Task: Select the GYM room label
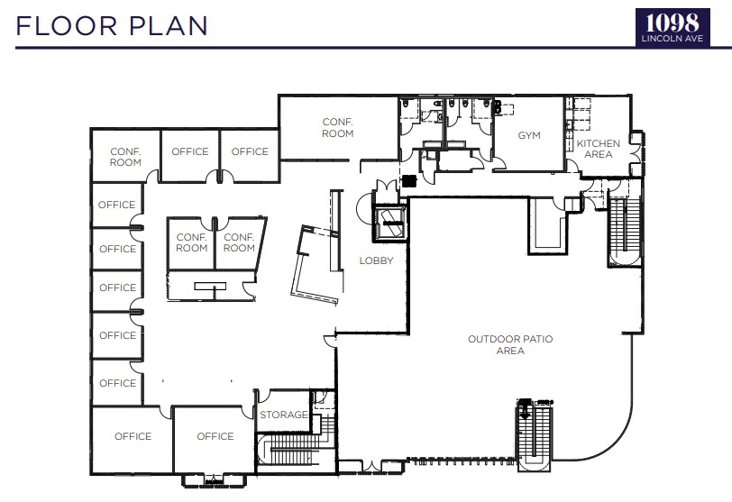click(529, 135)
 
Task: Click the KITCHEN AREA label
click(599, 149)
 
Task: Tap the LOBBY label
click(376, 260)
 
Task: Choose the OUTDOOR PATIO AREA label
click(510, 344)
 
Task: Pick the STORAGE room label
click(284, 415)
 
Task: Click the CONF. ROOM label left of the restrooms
click(338, 127)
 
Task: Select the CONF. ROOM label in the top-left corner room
click(125, 157)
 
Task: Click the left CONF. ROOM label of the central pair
click(192, 242)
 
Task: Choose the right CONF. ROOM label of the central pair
click(239, 242)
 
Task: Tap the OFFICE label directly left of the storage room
click(215, 436)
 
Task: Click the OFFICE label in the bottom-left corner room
click(133, 436)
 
